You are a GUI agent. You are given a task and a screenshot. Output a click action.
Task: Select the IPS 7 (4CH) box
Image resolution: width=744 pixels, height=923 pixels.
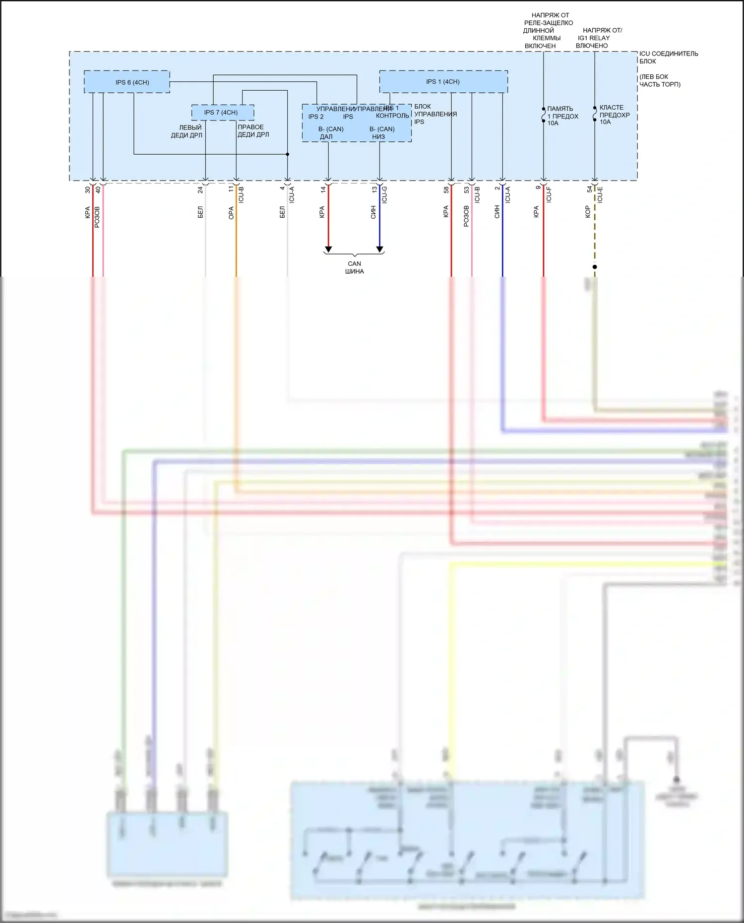tap(223, 113)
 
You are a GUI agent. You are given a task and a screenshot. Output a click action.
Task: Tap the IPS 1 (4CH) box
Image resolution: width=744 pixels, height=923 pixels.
tap(443, 81)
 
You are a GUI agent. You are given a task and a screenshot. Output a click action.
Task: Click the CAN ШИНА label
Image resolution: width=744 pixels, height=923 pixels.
tap(354, 267)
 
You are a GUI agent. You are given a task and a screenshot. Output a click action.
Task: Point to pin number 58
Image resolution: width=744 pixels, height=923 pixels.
tap(446, 189)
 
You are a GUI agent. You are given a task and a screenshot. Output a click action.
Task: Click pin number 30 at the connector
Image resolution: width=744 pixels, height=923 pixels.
tap(88, 189)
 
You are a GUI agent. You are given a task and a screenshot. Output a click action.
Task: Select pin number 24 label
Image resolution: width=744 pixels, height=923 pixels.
tap(200, 189)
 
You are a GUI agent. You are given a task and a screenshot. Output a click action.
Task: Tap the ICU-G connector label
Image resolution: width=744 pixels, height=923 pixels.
tap(384, 195)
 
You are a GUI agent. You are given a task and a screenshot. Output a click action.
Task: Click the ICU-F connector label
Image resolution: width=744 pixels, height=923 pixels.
tap(549, 194)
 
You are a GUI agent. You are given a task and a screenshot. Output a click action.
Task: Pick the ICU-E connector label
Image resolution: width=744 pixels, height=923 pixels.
tap(600, 194)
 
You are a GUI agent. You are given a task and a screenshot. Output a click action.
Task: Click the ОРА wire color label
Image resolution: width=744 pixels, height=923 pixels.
tap(231, 213)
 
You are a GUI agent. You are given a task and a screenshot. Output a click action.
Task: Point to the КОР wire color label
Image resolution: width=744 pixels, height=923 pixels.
tap(588, 212)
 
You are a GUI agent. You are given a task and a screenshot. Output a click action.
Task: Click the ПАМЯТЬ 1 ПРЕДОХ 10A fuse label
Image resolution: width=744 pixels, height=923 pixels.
tap(562, 116)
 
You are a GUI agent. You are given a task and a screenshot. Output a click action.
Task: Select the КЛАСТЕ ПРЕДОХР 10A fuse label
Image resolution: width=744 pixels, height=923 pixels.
tap(614, 115)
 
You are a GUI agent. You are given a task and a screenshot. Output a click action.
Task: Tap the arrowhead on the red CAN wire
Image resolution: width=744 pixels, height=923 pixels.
tap(328, 249)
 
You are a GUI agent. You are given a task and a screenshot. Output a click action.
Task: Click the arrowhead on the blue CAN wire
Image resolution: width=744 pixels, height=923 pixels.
tap(379, 249)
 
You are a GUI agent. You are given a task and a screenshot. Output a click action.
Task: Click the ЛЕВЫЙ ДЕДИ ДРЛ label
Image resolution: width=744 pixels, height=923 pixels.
tap(187, 131)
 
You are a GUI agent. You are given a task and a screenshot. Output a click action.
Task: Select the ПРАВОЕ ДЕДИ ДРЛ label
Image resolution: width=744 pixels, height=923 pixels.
tap(253, 130)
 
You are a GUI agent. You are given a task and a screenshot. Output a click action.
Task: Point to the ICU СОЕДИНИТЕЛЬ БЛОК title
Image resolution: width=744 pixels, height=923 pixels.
tap(668, 57)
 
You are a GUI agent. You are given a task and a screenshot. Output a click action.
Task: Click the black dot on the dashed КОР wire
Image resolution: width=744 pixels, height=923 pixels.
tap(595, 267)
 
